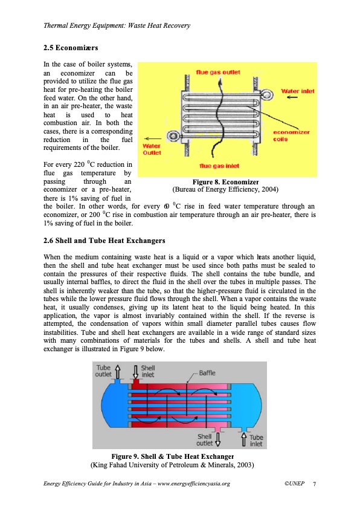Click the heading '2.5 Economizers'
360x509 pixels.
click(x=71, y=48)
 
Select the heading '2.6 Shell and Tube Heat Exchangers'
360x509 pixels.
click(x=104, y=241)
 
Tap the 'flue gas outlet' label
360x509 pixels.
click(x=218, y=72)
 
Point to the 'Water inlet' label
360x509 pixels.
click(x=298, y=91)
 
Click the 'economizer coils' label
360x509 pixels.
click(x=291, y=135)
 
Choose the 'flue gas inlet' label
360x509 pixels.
click(x=219, y=166)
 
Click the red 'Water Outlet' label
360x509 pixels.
click(x=152, y=149)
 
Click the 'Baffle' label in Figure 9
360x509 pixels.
click(x=207, y=373)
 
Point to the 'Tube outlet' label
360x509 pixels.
click(x=103, y=371)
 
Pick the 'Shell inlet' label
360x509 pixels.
click(x=148, y=371)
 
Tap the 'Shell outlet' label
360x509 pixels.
click(x=205, y=440)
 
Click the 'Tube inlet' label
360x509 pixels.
click(x=256, y=441)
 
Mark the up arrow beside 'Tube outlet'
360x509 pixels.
click(x=118, y=372)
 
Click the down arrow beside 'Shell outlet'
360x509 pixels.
click(x=218, y=439)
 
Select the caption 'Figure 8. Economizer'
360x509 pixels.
click(x=226, y=182)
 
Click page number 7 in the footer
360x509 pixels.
click(x=314, y=484)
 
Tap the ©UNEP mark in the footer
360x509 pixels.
click(x=295, y=484)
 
